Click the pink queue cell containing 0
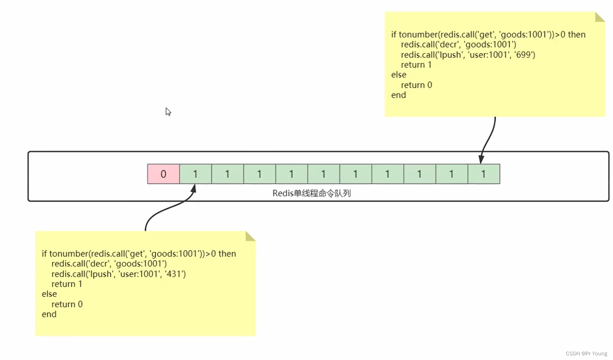point(164,174)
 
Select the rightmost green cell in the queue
point(484,174)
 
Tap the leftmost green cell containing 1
point(196,174)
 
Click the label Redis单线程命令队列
point(312,193)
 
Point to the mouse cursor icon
point(168,112)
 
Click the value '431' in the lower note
point(176,274)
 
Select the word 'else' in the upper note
point(399,75)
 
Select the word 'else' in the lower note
point(49,294)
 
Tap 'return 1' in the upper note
point(416,65)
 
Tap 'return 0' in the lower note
point(67,304)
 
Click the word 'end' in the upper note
point(398,95)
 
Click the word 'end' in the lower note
point(49,314)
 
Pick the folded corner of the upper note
point(599,18)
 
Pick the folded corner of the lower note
point(250,237)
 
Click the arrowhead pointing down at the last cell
point(481,159)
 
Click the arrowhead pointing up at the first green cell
point(193,189)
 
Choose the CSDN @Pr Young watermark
point(586,353)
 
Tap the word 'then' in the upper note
point(576,35)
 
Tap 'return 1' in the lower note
point(67,284)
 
